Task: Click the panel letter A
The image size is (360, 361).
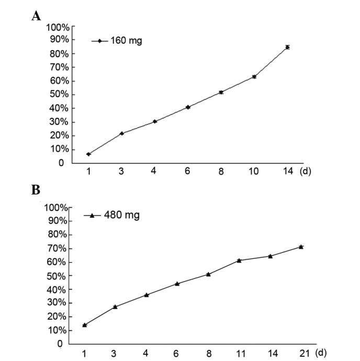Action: (36, 16)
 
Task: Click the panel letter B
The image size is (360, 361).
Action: (36, 190)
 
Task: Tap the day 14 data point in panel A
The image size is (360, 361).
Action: (287, 47)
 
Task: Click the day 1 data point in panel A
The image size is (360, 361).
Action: (88, 154)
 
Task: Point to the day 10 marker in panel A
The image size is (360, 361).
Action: (254, 76)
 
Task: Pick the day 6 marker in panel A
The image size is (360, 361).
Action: (188, 107)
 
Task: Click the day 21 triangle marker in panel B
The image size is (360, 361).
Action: (301, 246)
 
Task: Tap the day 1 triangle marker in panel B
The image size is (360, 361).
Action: (84, 325)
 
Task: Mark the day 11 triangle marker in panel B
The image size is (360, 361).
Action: (239, 260)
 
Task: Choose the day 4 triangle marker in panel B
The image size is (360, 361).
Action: (147, 295)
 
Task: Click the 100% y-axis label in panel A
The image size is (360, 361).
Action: (58, 27)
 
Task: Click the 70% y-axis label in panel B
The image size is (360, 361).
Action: (55, 249)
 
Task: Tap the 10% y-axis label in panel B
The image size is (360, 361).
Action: (55, 330)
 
